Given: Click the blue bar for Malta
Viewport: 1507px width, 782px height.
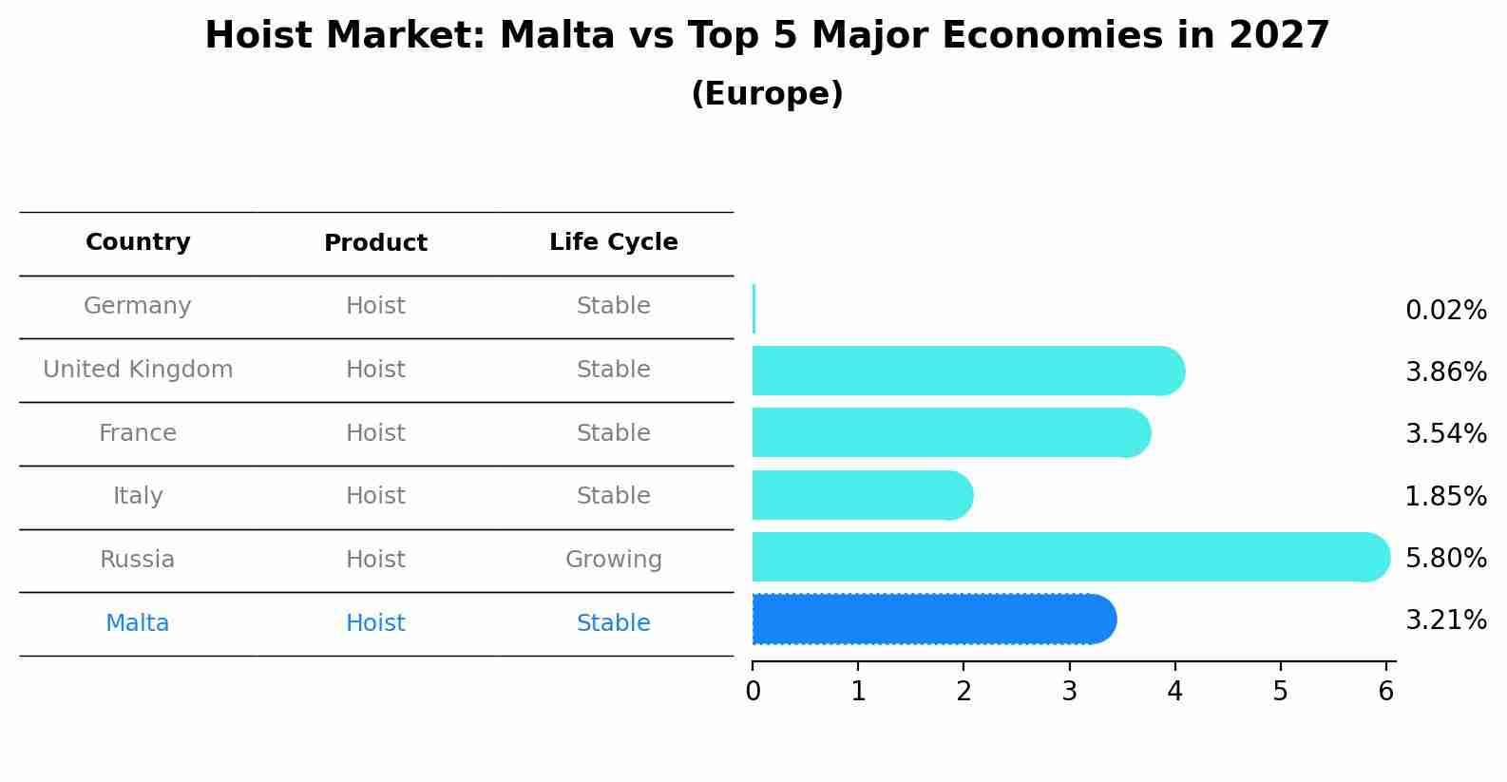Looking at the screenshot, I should [933, 620].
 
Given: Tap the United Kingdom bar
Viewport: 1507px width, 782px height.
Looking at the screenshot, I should [967, 371].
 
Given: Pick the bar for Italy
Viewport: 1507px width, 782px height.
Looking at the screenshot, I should [862, 495].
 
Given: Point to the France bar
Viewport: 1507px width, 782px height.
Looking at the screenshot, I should [950, 432].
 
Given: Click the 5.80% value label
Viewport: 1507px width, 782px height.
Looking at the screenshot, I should [1445, 558].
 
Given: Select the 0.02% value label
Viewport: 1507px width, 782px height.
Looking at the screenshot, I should [1445, 311].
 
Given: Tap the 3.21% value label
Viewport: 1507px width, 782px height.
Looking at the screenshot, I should [1445, 620].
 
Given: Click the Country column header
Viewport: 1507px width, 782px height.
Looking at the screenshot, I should [138, 242].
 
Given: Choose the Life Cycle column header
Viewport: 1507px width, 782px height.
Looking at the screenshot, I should [613, 242].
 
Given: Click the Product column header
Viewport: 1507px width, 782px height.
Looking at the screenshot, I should [375, 243].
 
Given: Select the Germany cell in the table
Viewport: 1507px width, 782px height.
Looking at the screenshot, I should [138, 306].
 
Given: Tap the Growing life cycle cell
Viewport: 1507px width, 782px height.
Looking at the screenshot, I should [613, 560].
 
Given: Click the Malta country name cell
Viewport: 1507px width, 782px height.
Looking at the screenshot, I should [138, 623].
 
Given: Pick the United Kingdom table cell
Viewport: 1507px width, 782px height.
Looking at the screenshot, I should [138, 370].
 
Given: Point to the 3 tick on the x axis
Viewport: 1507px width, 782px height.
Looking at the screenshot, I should [1069, 691].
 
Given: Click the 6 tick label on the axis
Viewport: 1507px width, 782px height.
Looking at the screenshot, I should [1385, 691].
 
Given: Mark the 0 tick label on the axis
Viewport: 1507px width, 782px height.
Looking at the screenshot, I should [753, 691].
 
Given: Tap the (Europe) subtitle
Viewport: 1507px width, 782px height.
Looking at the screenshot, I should [767, 94].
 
